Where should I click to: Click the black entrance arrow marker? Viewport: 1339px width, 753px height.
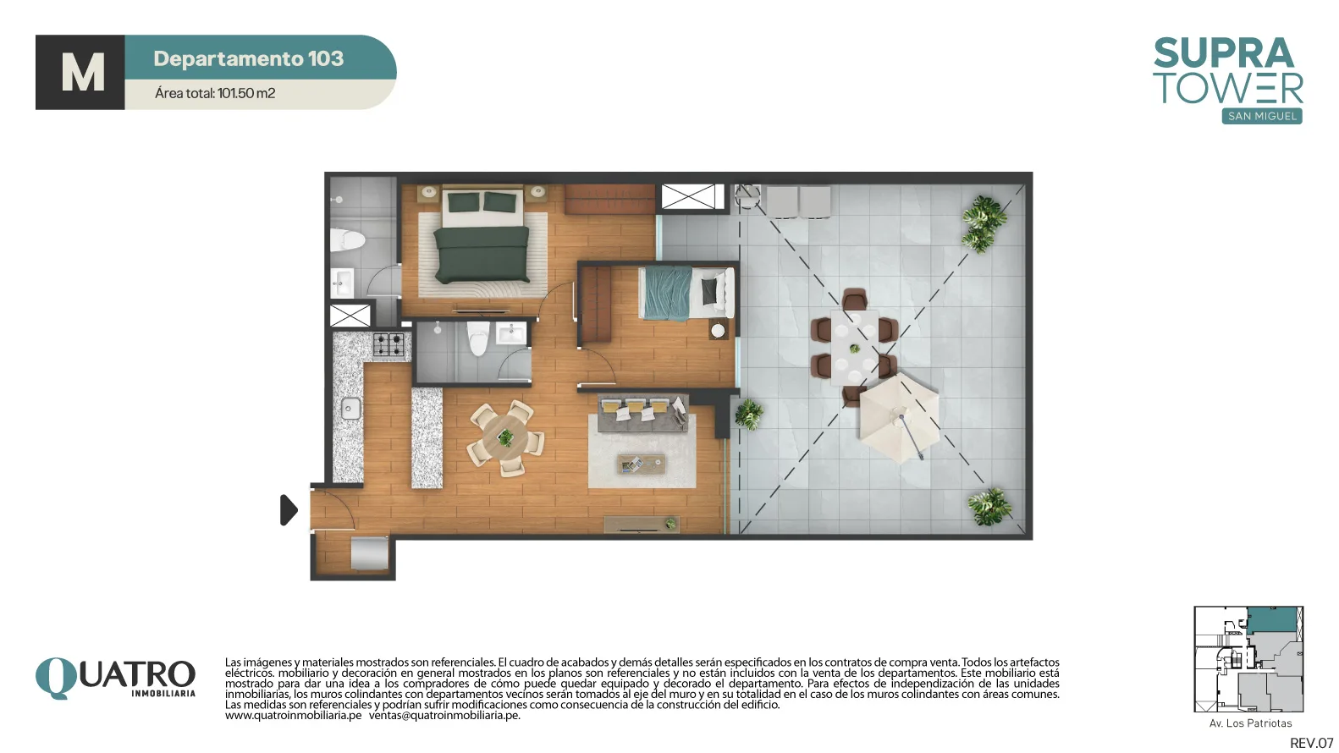pyautogui.click(x=288, y=510)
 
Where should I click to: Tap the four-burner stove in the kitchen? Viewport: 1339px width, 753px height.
pyautogui.click(x=388, y=345)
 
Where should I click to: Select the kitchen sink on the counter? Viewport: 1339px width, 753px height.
pyautogui.click(x=351, y=409)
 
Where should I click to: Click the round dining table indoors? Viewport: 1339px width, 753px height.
pyautogui.click(x=505, y=437)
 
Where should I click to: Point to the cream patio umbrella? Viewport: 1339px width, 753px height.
pyautogui.click(x=898, y=418)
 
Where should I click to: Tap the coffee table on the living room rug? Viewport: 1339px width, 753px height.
pyautogui.click(x=641, y=464)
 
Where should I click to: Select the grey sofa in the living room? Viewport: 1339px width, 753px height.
pyautogui.click(x=642, y=412)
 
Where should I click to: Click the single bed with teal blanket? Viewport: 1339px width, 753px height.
pyautogui.click(x=686, y=293)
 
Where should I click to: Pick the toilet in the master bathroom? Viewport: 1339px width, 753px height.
pyautogui.click(x=347, y=239)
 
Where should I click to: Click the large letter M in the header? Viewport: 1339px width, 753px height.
pyautogui.click(x=82, y=73)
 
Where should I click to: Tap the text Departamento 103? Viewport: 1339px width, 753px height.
pyautogui.click(x=248, y=58)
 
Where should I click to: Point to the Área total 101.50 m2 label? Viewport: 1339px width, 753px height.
pyautogui.click(x=215, y=93)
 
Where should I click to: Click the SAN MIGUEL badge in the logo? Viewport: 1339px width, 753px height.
pyautogui.click(x=1261, y=116)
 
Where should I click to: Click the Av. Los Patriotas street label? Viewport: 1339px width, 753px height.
pyautogui.click(x=1250, y=723)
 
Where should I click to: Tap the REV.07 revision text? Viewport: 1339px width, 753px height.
pyautogui.click(x=1312, y=743)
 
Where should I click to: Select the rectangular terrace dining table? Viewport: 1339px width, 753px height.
pyautogui.click(x=854, y=349)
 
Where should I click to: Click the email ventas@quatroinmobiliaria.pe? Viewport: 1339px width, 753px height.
pyautogui.click(x=444, y=716)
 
